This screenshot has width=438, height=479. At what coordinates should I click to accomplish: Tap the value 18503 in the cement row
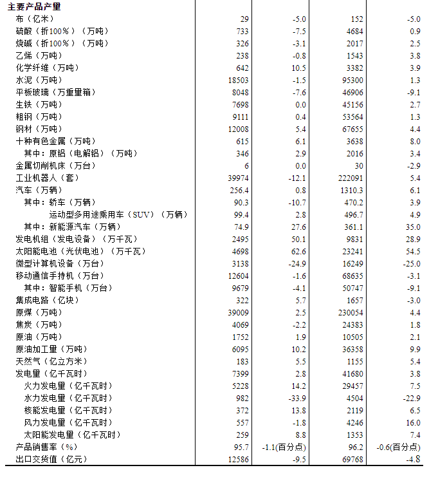click(x=238, y=80)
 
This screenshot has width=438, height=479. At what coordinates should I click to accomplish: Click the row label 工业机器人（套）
click(x=47, y=178)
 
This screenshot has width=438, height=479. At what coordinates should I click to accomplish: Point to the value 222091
click(x=349, y=178)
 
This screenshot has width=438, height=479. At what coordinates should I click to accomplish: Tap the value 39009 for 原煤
click(x=238, y=312)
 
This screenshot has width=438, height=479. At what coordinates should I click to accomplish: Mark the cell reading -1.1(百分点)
click(x=286, y=447)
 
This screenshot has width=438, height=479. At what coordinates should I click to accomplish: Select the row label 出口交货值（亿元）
click(x=51, y=459)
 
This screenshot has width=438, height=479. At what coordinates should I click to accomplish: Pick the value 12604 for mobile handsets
click(x=238, y=276)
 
